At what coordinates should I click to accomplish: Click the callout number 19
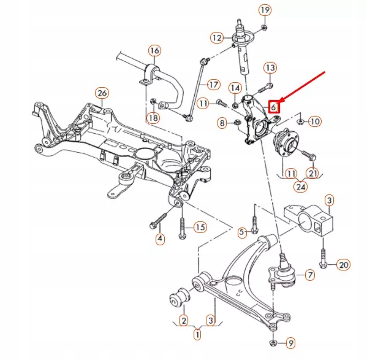pyautogui.click(x=264, y=10)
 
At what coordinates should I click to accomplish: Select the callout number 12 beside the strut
pyautogui.click(x=216, y=38)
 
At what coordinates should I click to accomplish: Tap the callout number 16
pyautogui.click(x=154, y=50)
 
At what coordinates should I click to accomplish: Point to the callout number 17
pyautogui.click(x=213, y=84)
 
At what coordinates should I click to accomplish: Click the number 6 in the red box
pyautogui.click(x=274, y=105)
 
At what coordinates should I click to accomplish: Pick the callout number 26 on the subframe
pyautogui.click(x=102, y=93)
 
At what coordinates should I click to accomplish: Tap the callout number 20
pyautogui.click(x=343, y=265)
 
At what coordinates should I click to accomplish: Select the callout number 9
pyautogui.click(x=290, y=342)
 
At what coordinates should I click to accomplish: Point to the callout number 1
pyautogui.click(x=197, y=335)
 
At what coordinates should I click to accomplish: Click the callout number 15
pyautogui.click(x=200, y=228)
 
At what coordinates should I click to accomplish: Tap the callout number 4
pyautogui.click(x=160, y=239)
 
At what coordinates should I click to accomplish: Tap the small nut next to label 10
pyautogui.click(x=300, y=121)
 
